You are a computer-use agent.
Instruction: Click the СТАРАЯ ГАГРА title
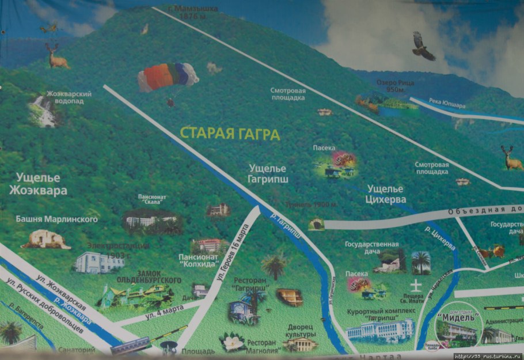click(x=230, y=134)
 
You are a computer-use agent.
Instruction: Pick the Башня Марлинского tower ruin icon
click(x=45, y=238)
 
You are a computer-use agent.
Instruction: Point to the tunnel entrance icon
click(x=316, y=223)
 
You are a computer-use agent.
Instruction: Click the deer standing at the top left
click(x=56, y=56)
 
